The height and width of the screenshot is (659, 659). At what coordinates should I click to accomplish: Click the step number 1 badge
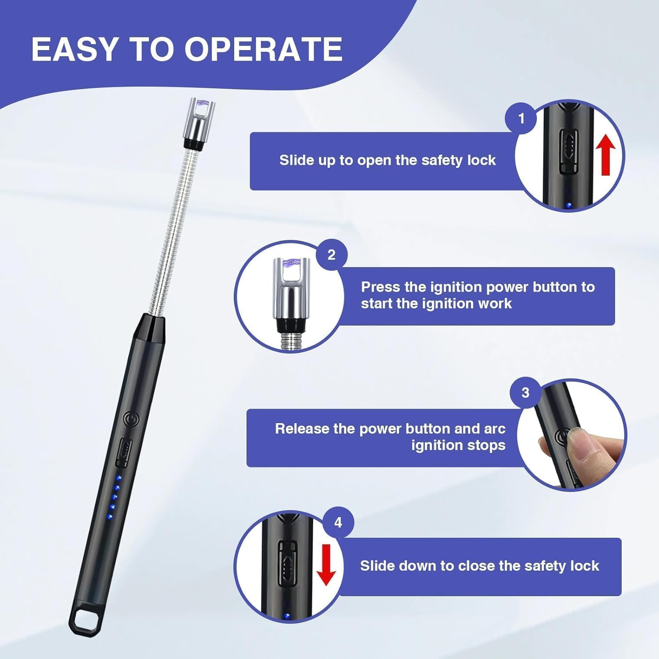(521, 119)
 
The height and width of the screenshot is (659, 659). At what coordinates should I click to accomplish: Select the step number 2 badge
(331, 255)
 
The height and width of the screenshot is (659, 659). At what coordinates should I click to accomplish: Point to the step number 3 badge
(525, 392)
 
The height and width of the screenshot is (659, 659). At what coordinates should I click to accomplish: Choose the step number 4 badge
(338, 522)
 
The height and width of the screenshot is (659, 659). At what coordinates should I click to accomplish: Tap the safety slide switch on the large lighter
(123, 453)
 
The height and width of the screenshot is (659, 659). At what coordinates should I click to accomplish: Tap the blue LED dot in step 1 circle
(569, 205)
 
